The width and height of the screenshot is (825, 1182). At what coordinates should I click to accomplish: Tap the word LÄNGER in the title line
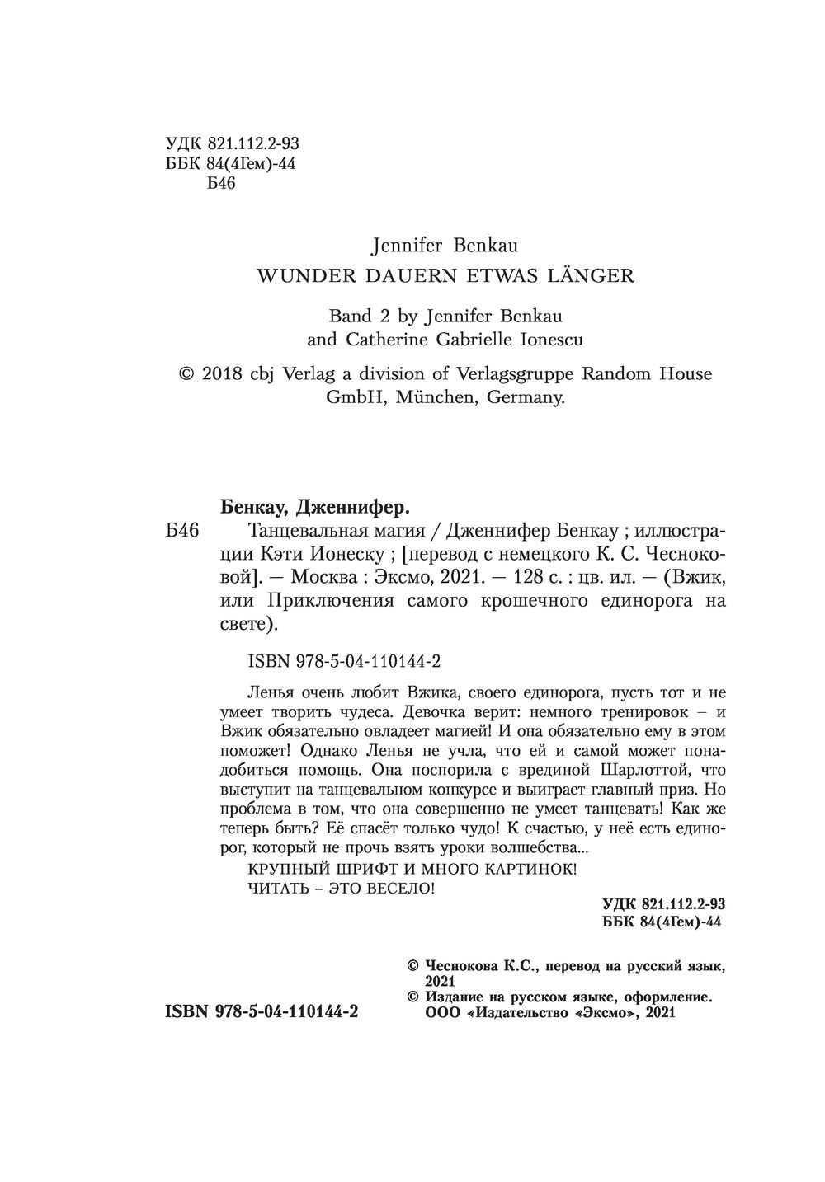click(593, 275)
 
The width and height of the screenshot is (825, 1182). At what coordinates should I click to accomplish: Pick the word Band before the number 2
click(351, 314)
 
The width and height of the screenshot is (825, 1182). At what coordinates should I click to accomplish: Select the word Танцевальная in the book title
click(297, 528)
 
